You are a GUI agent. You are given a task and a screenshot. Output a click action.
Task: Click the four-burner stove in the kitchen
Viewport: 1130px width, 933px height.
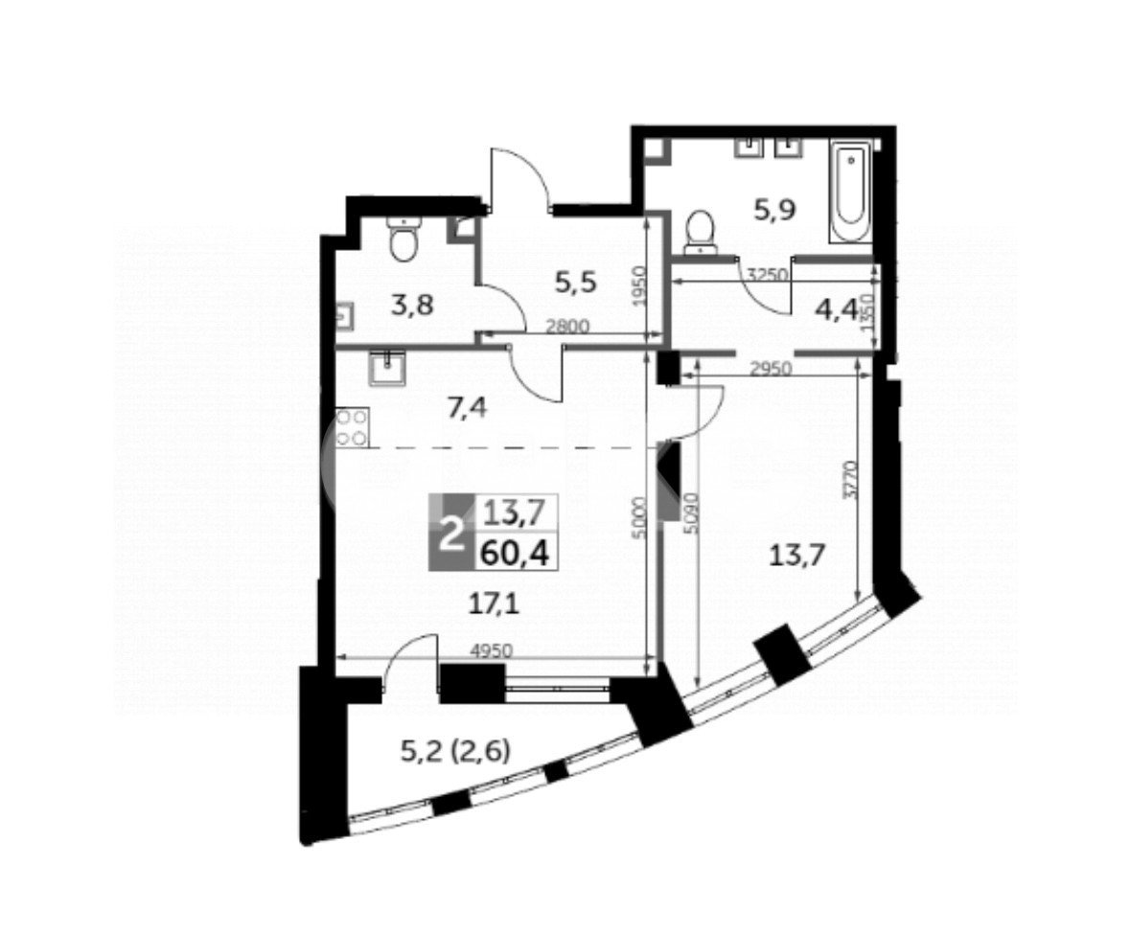(352, 428)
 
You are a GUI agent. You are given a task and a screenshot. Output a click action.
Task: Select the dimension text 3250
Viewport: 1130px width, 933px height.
(765, 274)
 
